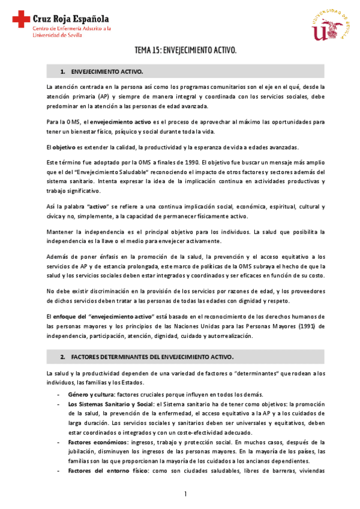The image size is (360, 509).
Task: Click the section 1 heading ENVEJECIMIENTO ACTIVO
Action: click(107, 71)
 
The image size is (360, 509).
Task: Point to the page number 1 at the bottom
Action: click(186, 493)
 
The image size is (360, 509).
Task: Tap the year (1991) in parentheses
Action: click(306, 326)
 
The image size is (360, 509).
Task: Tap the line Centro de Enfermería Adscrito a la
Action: click(71, 28)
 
